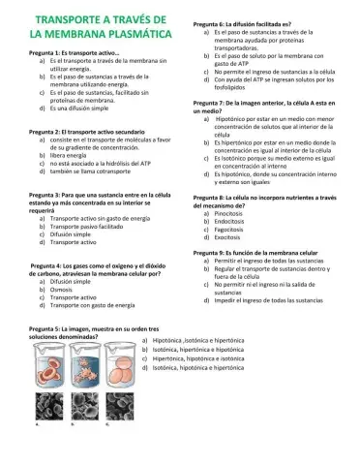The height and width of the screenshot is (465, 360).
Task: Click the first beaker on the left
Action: (48, 360)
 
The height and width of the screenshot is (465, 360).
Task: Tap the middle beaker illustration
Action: (84, 360)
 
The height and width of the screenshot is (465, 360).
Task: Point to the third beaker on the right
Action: (120, 360)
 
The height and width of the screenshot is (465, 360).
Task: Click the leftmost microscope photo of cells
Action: (48, 406)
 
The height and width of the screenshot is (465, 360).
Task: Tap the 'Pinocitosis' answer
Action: (230, 211)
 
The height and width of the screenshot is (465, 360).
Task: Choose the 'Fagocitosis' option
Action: (230, 228)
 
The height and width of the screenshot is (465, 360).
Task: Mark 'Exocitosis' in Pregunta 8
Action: (228, 236)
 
